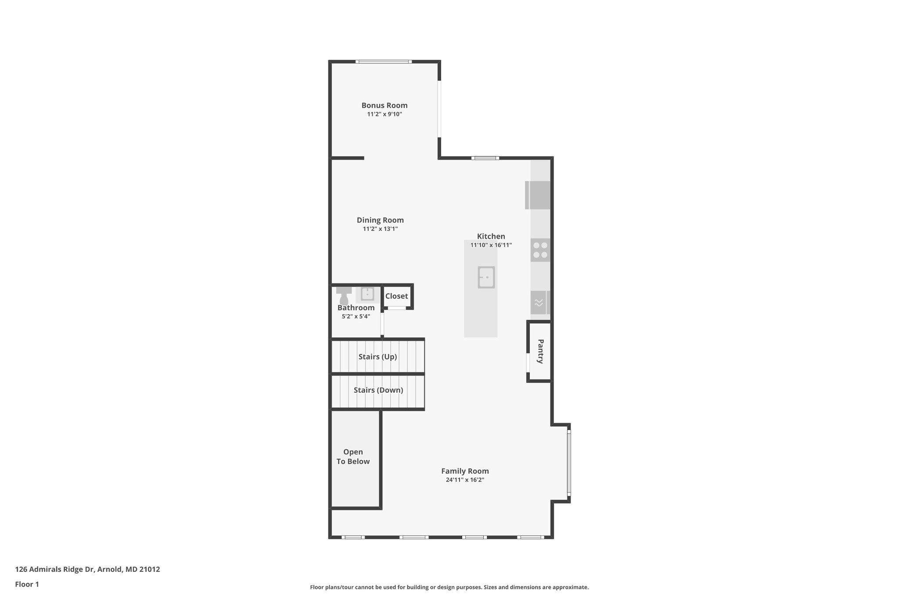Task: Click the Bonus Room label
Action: point(384,105)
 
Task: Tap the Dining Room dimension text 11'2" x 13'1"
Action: point(380,229)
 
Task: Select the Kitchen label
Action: point(491,236)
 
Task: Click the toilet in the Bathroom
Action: point(344,296)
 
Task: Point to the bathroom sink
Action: point(367,294)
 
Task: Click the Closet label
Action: point(396,296)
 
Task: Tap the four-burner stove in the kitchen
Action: point(540,250)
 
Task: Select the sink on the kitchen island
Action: point(486,277)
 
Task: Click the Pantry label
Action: point(540,351)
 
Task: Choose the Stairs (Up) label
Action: point(378,357)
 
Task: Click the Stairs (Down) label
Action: point(378,390)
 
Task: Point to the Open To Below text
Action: point(353,456)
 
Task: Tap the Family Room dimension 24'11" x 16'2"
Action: point(465,480)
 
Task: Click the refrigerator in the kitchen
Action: point(538,195)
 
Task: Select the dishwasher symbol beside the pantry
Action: point(539,302)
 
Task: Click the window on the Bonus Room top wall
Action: point(384,61)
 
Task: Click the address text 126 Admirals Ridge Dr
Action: point(87,570)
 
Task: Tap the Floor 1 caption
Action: point(27,584)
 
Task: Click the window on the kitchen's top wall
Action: point(485,158)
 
